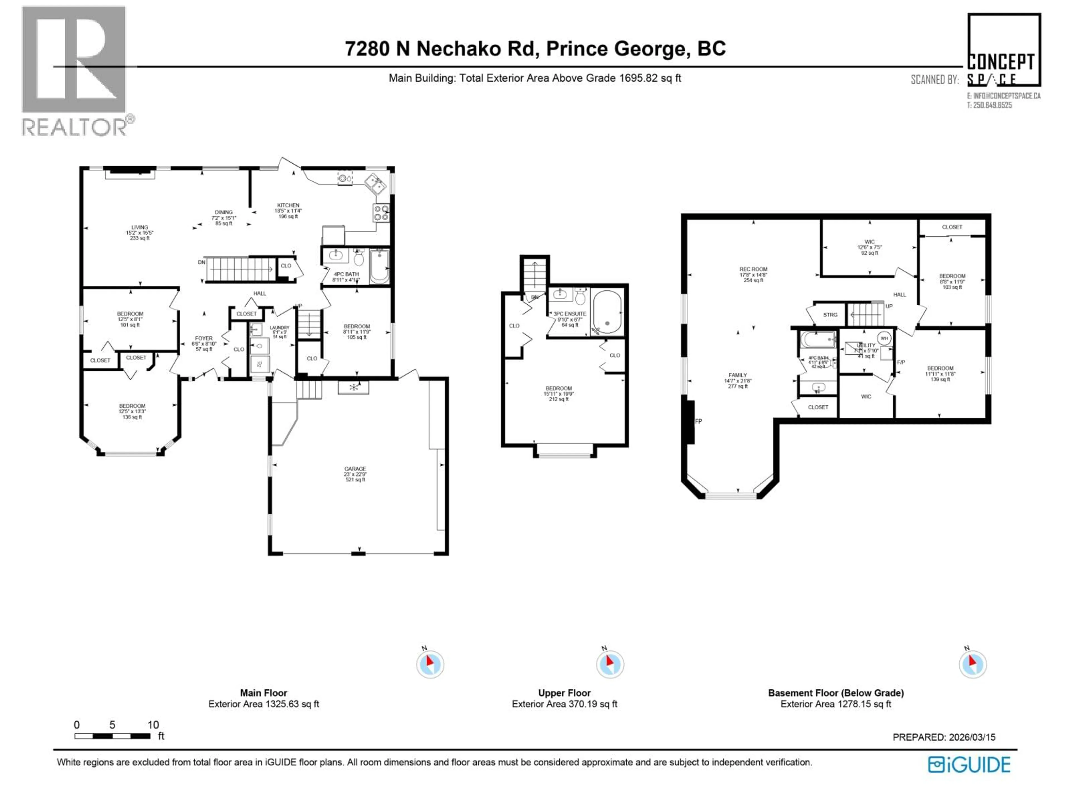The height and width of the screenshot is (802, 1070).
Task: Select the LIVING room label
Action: (x=140, y=227)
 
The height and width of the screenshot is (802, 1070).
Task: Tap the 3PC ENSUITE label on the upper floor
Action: (x=570, y=314)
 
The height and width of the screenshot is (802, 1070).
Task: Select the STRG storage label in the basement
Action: (x=830, y=315)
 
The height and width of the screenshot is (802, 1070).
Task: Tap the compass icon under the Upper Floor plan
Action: (x=610, y=664)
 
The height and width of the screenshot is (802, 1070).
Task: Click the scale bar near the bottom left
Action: (x=112, y=736)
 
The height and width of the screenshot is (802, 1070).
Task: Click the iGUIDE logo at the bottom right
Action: (x=969, y=764)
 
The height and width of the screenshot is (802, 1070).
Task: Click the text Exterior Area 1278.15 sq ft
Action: (x=835, y=704)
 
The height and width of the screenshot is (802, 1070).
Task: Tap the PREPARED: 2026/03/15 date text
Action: (x=944, y=737)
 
